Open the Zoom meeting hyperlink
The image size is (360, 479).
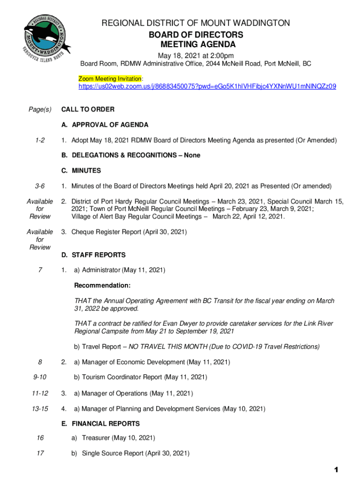(x=207, y=87)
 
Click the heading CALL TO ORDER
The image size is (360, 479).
(x=88, y=109)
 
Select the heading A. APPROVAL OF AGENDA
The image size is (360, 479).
(x=105, y=125)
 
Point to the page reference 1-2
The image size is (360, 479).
(x=40, y=140)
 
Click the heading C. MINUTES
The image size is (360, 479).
(x=81, y=171)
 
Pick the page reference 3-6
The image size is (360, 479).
(x=40, y=186)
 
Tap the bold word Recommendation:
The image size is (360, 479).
(x=102, y=285)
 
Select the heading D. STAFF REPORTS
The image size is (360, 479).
(x=94, y=255)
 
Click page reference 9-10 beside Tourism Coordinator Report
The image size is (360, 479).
(x=40, y=377)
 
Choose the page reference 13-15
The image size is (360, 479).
(x=40, y=409)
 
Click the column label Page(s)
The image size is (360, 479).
(x=40, y=109)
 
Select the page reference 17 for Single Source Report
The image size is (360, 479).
(x=40, y=453)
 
